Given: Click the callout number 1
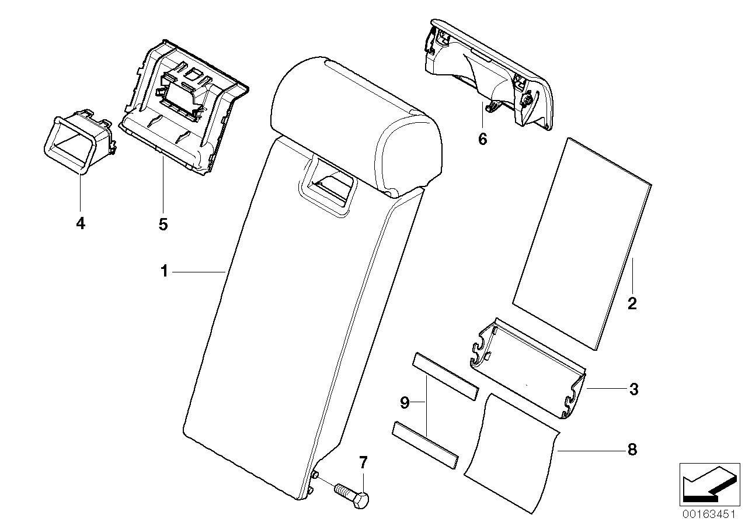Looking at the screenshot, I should coord(165,272).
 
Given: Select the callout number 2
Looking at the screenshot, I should coord(632,303).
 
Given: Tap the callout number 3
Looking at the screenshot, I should coord(633,389).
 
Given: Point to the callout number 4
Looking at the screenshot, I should coord(80,223).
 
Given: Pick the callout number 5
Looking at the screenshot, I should coord(163,223).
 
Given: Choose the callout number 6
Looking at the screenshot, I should coord(482,140).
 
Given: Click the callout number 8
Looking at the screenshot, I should coord(631,450).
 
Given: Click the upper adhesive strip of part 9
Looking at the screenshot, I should coord(445,384).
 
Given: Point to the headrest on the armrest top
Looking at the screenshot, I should coord(356,123).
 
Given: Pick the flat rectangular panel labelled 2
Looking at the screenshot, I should coord(582,243).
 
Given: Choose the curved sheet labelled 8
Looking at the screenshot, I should coord(511,453).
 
